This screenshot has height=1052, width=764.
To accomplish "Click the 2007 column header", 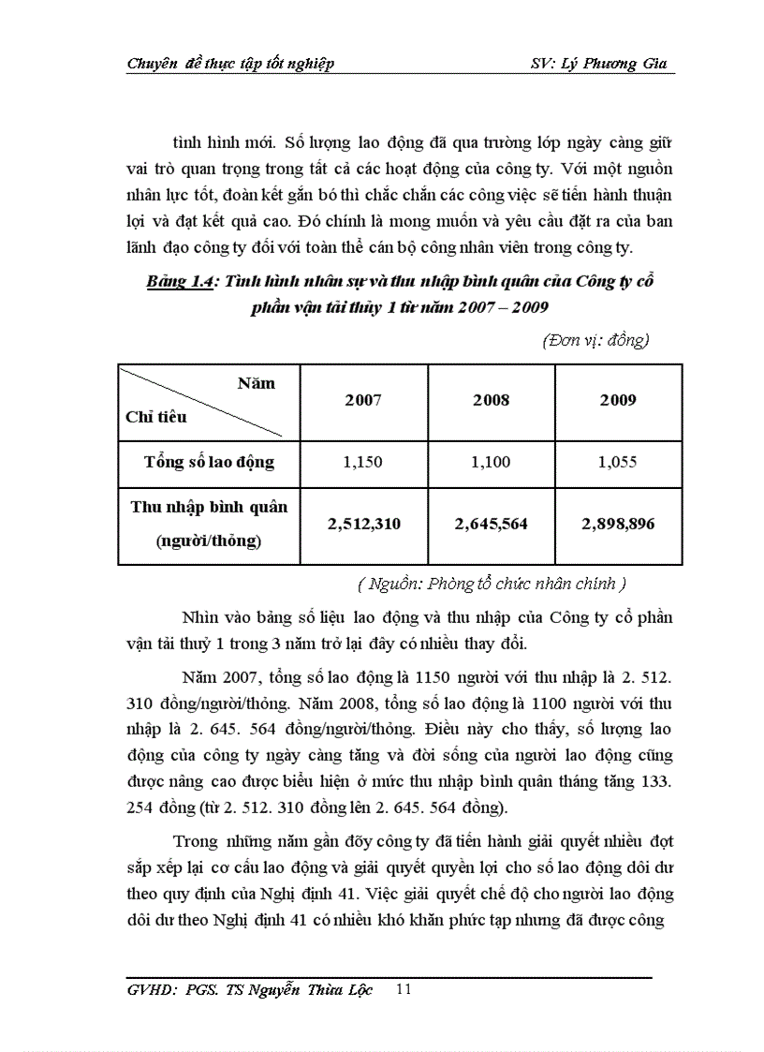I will pyautogui.click(x=363, y=400).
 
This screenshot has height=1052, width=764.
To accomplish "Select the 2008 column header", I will pyautogui.click(x=491, y=400).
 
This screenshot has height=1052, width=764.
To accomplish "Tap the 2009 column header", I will pyautogui.click(x=618, y=400).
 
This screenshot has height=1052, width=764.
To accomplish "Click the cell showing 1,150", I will pyautogui.click(x=363, y=462).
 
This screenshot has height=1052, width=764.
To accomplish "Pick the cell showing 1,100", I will pyautogui.click(x=491, y=462).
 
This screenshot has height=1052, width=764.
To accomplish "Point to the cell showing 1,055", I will pyautogui.click(x=618, y=462).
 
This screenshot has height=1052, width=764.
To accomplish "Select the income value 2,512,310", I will pyautogui.click(x=363, y=524).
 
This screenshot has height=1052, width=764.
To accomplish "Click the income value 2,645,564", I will pyautogui.click(x=491, y=524).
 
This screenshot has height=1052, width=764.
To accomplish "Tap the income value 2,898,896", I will pyautogui.click(x=618, y=524).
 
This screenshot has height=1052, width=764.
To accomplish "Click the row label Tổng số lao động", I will pyautogui.click(x=209, y=462).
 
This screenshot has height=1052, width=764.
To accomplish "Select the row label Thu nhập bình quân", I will pyautogui.click(x=209, y=507).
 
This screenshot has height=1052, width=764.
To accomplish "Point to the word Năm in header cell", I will pyautogui.click(x=256, y=383).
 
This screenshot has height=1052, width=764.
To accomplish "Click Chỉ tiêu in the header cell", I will pyautogui.click(x=155, y=417).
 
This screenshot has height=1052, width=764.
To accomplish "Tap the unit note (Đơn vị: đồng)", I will pyautogui.click(x=595, y=341).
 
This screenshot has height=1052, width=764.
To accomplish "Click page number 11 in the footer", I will pyautogui.click(x=404, y=990).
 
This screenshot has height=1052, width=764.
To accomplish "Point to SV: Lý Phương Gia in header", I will pyautogui.click(x=596, y=64).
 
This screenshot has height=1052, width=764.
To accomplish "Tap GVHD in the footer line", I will pyautogui.click(x=150, y=991).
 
